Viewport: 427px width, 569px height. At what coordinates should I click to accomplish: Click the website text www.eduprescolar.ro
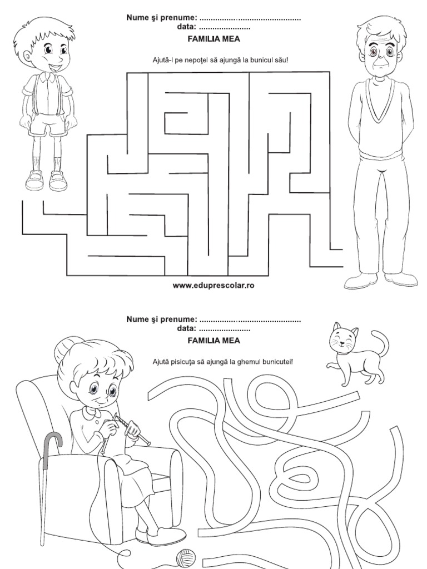(213, 286)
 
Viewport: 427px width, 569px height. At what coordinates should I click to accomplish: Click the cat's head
(342, 338)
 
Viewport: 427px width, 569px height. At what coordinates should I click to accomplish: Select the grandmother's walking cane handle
(53, 442)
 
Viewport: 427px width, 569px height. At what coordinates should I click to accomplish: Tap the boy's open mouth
(55, 67)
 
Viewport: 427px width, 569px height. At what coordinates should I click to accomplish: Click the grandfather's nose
(380, 58)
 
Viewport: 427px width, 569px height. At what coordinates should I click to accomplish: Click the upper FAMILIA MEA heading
(213, 39)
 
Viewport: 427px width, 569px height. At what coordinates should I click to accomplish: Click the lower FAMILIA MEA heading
(213, 341)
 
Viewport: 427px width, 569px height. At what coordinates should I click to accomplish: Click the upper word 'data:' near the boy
(187, 27)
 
